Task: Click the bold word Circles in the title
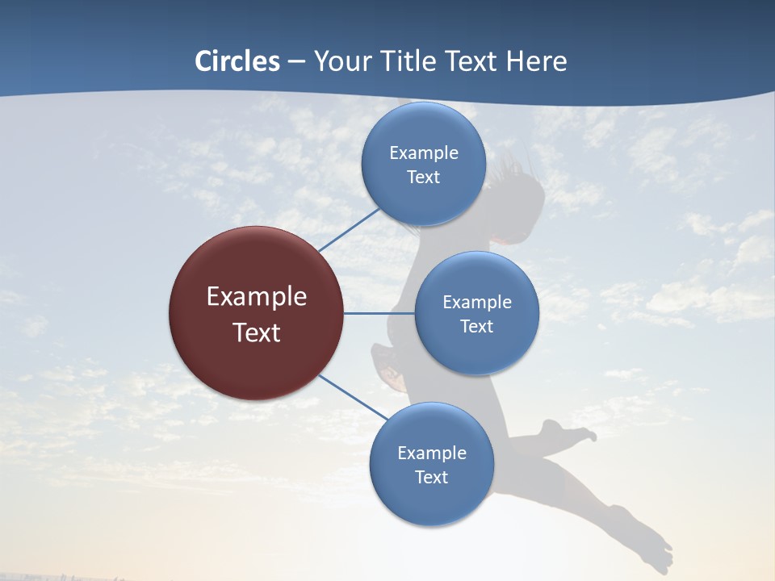tap(237, 61)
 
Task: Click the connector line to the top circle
tap(349, 229)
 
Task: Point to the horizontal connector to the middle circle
tap(379, 313)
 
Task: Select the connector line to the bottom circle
tap(353, 397)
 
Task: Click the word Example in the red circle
tap(257, 297)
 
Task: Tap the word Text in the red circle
tap(257, 332)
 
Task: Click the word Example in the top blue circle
tap(424, 153)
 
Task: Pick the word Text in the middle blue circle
tap(477, 326)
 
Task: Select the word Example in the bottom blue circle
tap(432, 453)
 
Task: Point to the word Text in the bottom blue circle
tap(432, 477)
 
